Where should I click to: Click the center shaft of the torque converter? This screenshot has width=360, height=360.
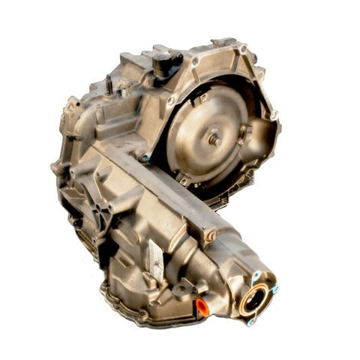214,139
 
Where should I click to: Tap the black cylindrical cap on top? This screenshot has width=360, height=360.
163,63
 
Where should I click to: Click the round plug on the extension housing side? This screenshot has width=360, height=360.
211,236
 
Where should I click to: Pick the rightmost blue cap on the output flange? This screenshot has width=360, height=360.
275,289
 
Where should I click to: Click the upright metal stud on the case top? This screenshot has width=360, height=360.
109,85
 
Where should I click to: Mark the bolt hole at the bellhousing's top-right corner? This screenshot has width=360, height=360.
242,49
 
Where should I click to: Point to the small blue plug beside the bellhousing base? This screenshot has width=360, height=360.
148,158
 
